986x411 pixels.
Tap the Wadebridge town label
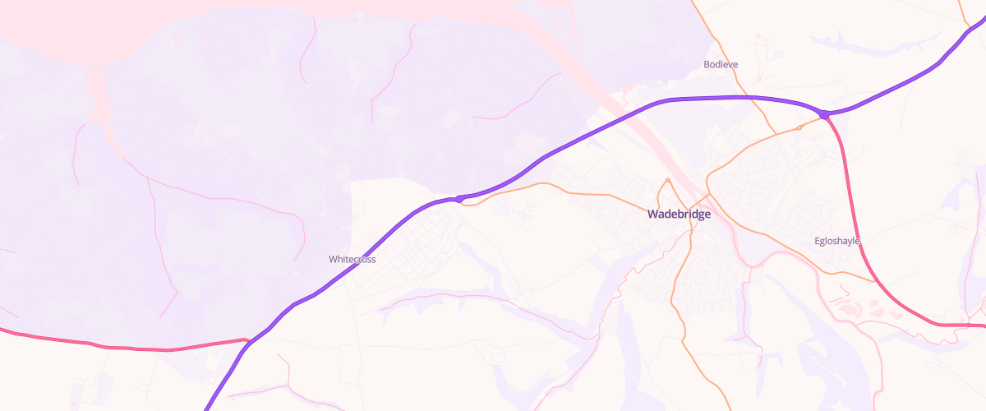(x=679, y=215)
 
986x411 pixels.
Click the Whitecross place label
(x=352, y=259)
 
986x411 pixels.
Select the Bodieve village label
(x=721, y=64)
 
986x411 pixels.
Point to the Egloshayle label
(x=836, y=241)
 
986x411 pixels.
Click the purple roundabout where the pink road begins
(x=824, y=113)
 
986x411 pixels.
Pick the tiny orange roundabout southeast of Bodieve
(x=799, y=127)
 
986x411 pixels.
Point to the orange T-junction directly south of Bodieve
(x=775, y=134)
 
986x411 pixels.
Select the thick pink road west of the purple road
(x=123, y=348)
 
